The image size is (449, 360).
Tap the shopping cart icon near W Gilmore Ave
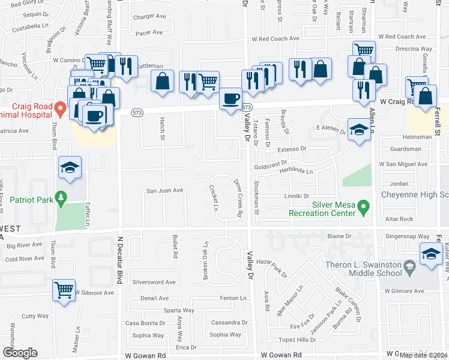coord(64,290)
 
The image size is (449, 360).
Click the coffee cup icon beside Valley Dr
coord(231,99)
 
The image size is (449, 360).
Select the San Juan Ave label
coord(165,191)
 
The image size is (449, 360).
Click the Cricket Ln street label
coord(213,198)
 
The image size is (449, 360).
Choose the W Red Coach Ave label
coord(275,38)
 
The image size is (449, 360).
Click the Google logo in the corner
coord(20,353)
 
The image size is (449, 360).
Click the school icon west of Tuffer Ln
coord(70,169)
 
